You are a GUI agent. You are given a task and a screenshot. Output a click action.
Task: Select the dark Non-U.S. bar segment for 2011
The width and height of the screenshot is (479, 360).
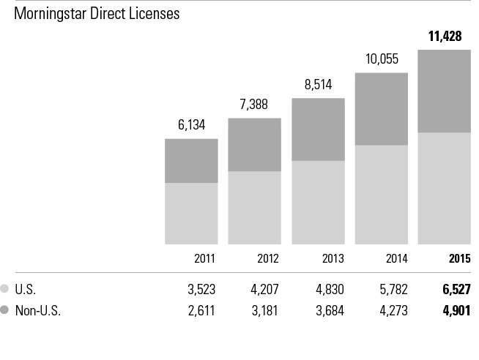pos(191,160)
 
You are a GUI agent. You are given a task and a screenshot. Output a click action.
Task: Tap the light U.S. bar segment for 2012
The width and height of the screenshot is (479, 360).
pos(254,207)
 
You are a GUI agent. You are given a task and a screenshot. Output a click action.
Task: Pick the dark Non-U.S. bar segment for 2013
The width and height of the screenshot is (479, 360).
pos(318,130)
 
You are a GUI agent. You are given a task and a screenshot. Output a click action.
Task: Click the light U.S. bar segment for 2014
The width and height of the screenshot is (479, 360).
pos(381,194)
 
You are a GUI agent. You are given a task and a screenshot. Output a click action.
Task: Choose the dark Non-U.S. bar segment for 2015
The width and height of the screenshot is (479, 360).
pos(444,91)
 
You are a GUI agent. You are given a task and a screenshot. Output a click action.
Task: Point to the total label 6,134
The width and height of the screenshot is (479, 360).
pos(191,125)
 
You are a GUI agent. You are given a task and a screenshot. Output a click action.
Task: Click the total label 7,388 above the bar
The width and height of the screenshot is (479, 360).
pos(254,105)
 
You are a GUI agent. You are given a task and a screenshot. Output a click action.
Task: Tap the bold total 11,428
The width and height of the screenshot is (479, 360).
pos(445,36)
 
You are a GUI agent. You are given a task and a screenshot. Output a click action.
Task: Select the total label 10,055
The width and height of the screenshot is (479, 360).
pos(381,59)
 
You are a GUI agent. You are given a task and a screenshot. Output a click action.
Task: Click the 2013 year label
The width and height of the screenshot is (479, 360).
pos(333,258)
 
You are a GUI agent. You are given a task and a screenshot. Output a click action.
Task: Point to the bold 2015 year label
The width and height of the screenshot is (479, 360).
pos(459,258)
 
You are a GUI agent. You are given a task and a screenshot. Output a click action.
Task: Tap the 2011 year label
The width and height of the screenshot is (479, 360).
pos(206,258)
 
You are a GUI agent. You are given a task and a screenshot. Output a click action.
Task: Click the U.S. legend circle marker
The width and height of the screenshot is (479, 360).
pos(6,289)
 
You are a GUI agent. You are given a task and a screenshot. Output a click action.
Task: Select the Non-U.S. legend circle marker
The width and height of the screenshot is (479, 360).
pos(6,310)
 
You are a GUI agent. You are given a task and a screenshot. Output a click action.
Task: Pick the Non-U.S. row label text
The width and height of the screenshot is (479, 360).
pos(37,310)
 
